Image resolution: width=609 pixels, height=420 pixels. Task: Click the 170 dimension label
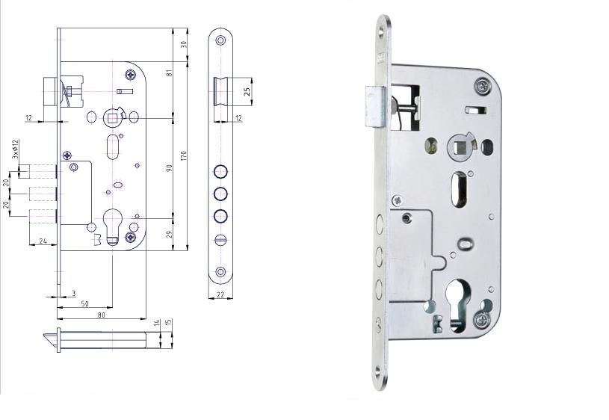pyautogui.click(x=184, y=155)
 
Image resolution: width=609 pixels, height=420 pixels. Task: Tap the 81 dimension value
pyautogui.click(x=170, y=72)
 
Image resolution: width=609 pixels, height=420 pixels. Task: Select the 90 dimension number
pyautogui.click(x=170, y=168)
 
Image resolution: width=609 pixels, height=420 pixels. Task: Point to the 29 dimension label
pyautogui.click(x=170, y=235)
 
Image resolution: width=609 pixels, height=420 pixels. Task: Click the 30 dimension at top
pyautogui.click(x=184, y=44)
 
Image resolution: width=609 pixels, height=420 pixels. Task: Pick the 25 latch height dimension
pyautogui.click(x=247, y=92)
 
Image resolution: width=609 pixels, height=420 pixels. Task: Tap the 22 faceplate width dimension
pyautogui.click(x=220, y=294)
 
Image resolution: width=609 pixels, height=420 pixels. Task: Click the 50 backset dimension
pyautogui.click(x=84, y=304)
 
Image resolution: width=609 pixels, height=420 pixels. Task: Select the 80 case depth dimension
pyautogui.click(x=101, y=315)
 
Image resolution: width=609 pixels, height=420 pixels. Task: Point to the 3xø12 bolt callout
pyautogui.click(x=15, y=149)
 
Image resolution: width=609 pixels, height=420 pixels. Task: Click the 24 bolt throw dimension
pyautogui.click(x=43, y=241)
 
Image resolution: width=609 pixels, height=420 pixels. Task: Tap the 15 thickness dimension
pyautogui.click(x=169, y=322)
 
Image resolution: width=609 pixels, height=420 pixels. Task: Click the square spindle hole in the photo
pyautogui.click(x=459, y=146)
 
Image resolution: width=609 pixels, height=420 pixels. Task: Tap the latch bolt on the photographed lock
pyautogui.click(x=374, y=108)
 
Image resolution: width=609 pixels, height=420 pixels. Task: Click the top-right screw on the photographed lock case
pyautogui.click(x=482, y=86)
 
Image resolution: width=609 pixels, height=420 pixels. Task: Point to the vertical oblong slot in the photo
pyautogui.click(x=459, y=189)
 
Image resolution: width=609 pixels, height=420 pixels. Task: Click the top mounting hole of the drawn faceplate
pyautogui.click(x=220, y=40)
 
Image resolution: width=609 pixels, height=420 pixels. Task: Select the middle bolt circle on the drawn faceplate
pyautogui.click(x=220, y=194)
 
